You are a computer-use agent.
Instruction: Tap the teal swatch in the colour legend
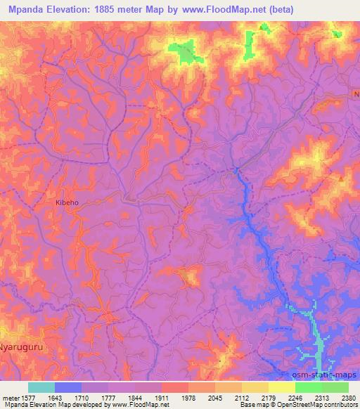pos(41,387)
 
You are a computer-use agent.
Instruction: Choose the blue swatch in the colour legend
pos(68,387)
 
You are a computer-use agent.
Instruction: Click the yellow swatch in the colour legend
pos(282,387)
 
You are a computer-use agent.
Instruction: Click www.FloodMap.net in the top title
pos(220,9)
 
